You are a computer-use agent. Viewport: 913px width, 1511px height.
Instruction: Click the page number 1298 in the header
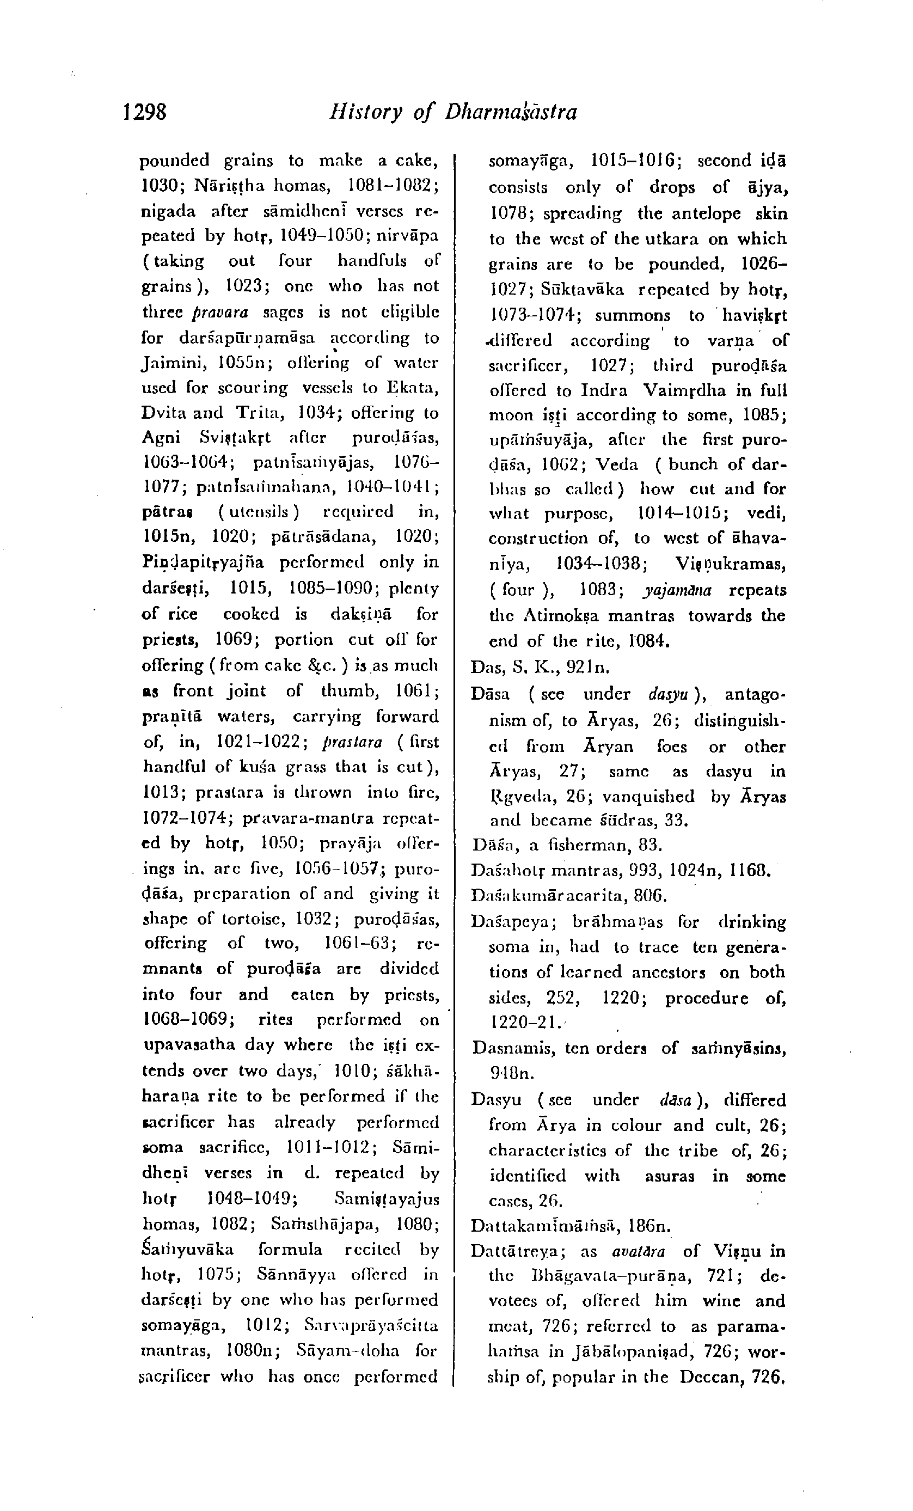coord(145,112)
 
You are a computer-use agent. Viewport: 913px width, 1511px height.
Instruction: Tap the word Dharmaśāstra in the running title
coord(511,112)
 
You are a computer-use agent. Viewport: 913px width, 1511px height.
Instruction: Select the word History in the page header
coord(365,112)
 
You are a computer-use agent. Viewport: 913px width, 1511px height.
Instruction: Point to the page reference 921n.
coord(587,666)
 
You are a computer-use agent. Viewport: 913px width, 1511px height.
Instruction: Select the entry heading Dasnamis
coord(506,1048)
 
